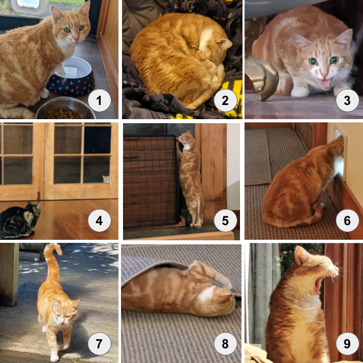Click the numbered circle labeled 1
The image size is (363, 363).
tap(99, 100)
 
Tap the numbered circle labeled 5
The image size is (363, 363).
tap(225, 221)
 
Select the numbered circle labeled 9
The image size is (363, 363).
tap(347, 343)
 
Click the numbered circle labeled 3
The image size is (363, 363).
tap(347, 100)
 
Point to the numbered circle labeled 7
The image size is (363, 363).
tap(99, 343)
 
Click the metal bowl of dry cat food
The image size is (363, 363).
tap(66, 109)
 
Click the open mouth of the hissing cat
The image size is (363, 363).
tap(325, 84)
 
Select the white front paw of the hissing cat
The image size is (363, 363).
tap(300, 92)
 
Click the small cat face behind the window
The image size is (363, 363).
tap(106, 179)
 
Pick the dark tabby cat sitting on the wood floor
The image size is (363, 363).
tap(20, 220)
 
